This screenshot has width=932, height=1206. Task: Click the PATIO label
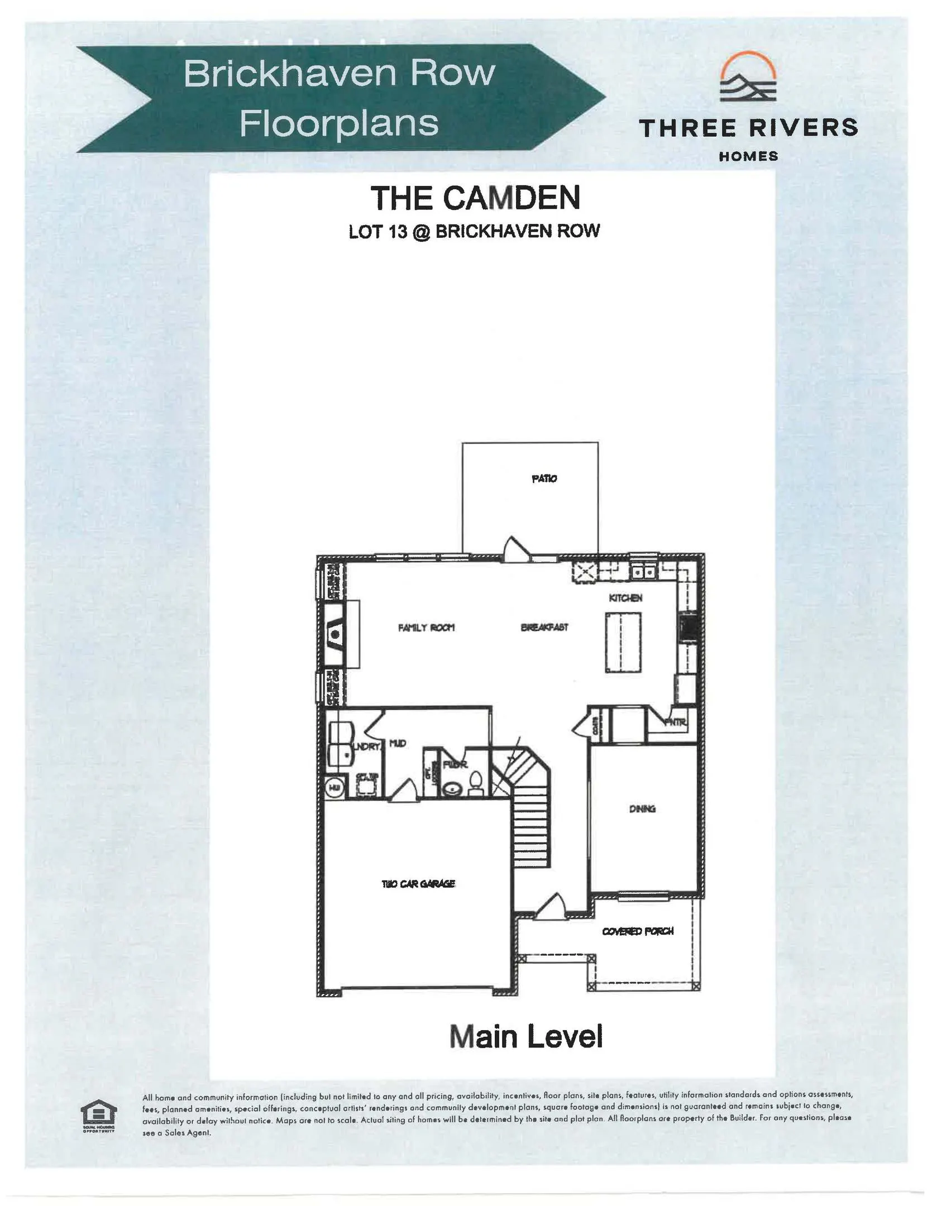(x=543, y=478)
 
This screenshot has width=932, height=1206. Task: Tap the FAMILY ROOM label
(x=426, y=628)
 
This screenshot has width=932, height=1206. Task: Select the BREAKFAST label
(x=544, y=627)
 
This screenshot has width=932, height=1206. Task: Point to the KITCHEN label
(x=625, y=598)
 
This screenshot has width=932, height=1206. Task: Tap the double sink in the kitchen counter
(x=643, y=572)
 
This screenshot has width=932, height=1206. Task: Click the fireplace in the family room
(x=336, y=634)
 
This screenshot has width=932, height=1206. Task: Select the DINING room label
(x=642, y=808)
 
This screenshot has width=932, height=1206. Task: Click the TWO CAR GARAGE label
(x=418, y=884)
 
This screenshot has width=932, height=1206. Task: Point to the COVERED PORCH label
(x=637, y=931)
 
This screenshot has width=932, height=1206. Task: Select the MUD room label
(x=397, y=743)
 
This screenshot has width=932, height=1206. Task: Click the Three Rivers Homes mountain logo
(x=748, y=79)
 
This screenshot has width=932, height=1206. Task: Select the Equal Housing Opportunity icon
(x=99, y=1114)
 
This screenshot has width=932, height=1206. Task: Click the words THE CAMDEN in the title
(x=475, y=198)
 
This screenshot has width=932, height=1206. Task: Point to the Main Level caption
(x=526, y=1036)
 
